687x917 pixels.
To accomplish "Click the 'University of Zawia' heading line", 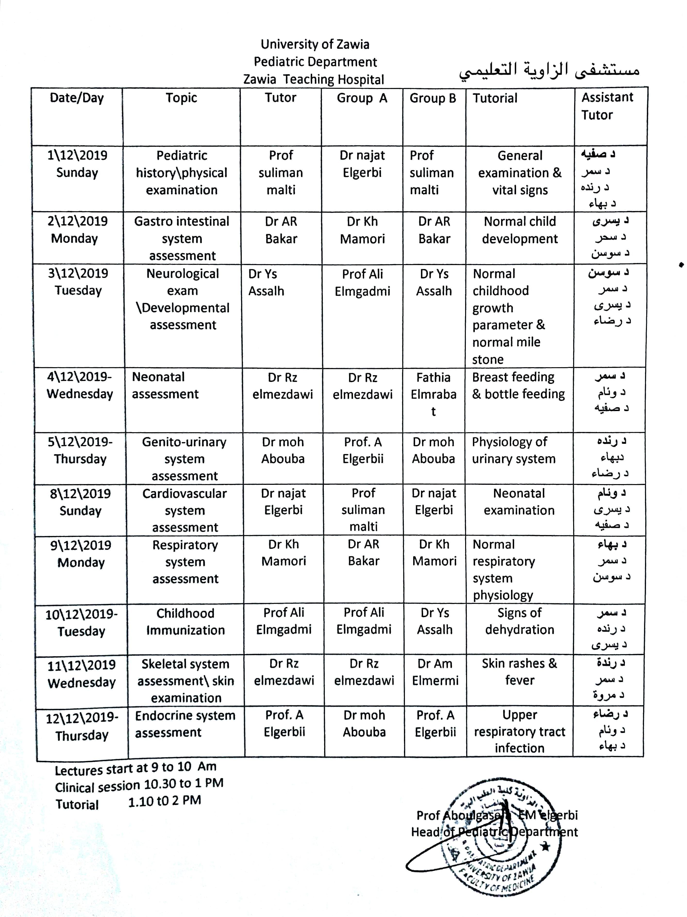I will [315, 44].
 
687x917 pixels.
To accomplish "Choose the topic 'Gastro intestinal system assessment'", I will [182, 238].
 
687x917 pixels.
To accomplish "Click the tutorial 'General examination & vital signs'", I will [519, 172].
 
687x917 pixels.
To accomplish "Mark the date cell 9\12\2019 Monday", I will [81, 553].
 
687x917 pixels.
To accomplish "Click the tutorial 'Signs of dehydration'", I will [519, 621].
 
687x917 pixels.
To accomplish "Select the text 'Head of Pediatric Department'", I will [494, 832].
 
